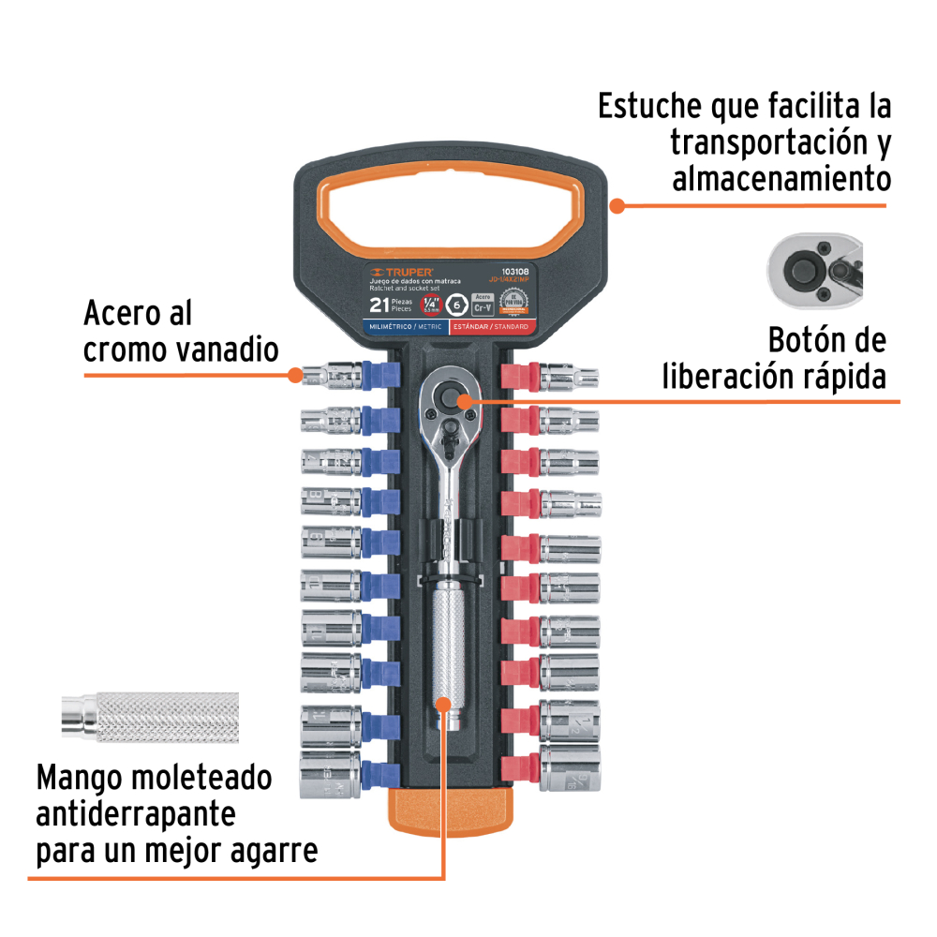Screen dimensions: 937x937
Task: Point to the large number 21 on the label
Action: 380,305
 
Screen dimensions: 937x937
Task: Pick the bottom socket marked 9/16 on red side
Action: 569,770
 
